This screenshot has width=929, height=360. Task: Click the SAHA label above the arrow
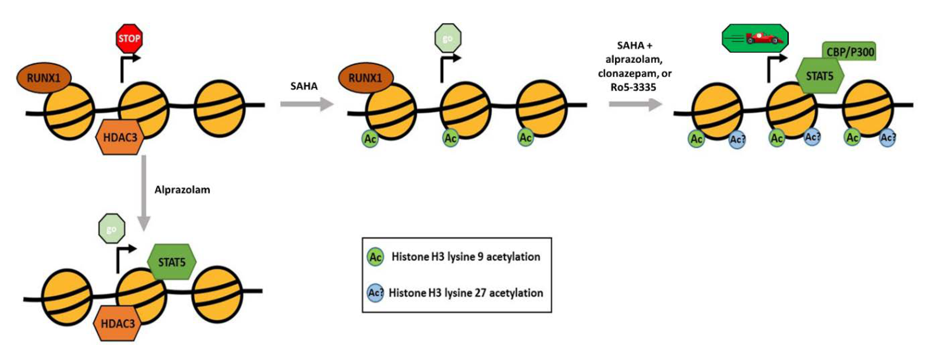tap(304, 86)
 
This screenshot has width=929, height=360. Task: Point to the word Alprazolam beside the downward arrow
tap(182, 190)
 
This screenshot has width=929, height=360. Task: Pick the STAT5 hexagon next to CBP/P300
tap(819, 76)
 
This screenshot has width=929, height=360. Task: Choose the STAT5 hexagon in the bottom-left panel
tap(172, 262)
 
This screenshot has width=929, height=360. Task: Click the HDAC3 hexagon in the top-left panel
tap(120, 137)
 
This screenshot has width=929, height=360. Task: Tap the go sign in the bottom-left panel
tap(112, 229)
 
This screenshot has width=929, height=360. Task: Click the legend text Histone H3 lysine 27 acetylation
tap(466, 293)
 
